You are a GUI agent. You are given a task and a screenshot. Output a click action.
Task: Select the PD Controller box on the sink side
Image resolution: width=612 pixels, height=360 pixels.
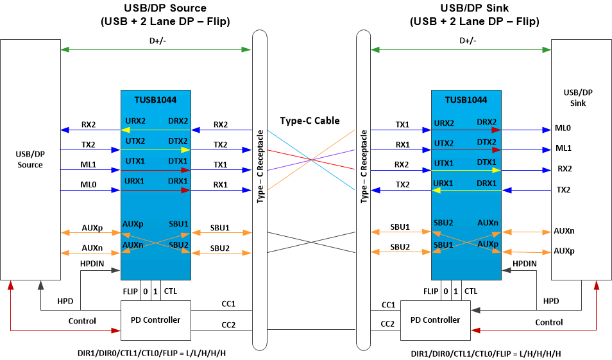(435, 320)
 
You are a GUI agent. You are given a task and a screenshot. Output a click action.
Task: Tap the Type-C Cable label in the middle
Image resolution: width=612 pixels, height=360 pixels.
(309, 121)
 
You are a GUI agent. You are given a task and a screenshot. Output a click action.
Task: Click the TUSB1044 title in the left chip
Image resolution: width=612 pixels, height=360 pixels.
(155, 100)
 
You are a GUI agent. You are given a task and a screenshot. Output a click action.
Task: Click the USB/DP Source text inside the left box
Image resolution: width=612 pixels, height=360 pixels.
(30, 160)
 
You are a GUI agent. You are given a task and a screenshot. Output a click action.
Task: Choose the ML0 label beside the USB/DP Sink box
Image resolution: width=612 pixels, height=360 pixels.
(563, 128)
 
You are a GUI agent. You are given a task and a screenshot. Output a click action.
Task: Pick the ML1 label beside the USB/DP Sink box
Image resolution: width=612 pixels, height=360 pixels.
(563, 148)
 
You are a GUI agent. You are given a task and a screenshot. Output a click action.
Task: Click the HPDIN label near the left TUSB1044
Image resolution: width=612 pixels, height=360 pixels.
(93, 264)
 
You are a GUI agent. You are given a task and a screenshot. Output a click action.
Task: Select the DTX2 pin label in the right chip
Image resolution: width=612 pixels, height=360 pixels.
(487, 141)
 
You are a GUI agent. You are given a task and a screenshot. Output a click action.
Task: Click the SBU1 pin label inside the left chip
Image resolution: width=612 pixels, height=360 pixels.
(178, 223)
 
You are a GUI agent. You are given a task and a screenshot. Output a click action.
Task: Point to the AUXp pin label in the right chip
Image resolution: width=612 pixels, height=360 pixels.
(487, 244)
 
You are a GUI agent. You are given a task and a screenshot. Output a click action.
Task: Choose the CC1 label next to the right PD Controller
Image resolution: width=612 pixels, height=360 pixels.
(388, 305)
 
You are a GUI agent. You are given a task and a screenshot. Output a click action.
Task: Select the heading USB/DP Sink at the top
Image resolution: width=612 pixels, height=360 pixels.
(474, 8)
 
